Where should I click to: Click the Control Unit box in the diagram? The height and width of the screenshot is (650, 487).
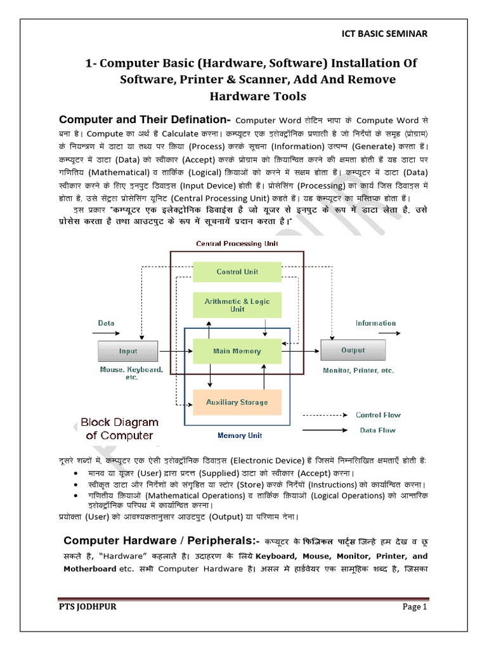(237, 272)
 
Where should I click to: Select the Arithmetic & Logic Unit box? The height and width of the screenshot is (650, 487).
(237, 305)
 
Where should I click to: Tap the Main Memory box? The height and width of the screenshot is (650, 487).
(237, 351)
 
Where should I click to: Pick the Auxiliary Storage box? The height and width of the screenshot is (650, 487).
(237, 402)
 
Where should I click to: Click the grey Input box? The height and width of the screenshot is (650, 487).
(128, 351)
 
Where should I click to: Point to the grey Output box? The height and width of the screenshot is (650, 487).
(353, 350)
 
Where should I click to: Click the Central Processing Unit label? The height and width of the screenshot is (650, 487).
(237, 244)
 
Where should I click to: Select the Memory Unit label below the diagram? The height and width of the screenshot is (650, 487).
(240, 436)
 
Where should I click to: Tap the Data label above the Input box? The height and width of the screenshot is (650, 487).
(106, 323)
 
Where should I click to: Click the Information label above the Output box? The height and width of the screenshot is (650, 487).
(375, 323)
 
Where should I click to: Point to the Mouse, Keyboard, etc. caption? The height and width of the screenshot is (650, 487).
(131, 373)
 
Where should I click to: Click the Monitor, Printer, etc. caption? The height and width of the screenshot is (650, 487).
(358, 371)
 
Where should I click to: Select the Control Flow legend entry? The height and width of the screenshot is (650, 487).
(378, 415)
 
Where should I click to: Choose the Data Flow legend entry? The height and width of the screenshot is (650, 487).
(378, 430)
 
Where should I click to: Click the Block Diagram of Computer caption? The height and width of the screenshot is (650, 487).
(119, 429)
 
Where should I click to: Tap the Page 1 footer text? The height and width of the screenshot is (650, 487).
(415, 607)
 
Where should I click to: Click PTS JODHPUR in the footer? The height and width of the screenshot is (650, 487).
(88, 607)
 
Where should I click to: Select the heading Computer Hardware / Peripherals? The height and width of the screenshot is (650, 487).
(159, 541)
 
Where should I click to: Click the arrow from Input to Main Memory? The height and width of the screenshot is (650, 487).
(175, 351)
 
